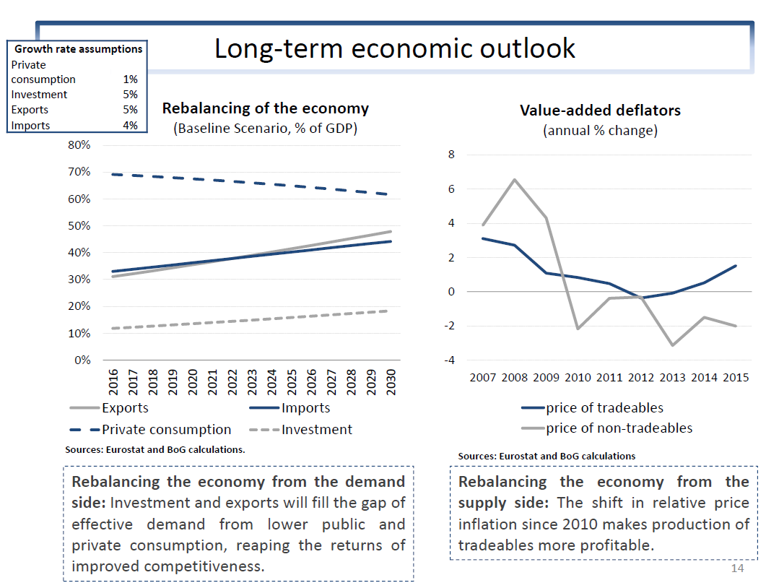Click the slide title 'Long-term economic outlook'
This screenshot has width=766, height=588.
[394, 48]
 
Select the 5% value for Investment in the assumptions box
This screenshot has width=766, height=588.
[130, 95]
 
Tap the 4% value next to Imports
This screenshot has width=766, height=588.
[130, 125]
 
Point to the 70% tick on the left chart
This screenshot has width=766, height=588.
[79, 172]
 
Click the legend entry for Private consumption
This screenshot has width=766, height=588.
[167, 430]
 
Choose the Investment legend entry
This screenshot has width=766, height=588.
[317, 430]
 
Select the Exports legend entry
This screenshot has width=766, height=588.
[125, 408]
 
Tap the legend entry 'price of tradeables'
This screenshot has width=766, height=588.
[604, 408]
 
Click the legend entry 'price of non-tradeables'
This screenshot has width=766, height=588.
[619, 428]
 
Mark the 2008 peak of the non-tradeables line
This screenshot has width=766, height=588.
[513, 179]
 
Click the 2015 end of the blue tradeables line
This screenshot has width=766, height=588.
[735, 266]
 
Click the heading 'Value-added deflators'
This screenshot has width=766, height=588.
[600, 111]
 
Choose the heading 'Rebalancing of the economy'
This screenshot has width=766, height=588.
[265, 108]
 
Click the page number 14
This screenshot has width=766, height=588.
[737, 568]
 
